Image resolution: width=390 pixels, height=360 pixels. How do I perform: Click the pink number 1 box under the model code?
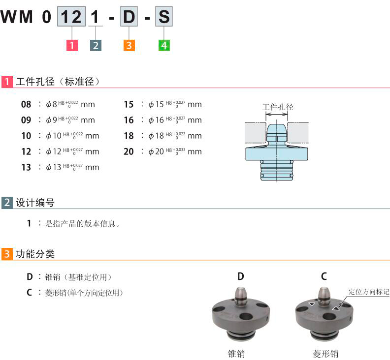click(x=72, y=46)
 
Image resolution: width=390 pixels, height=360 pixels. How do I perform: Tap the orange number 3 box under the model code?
click(x=129, y=46)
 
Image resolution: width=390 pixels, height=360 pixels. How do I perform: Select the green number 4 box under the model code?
click(x=164, y=46)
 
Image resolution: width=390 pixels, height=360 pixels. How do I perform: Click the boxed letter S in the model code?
click(x=164, y=17)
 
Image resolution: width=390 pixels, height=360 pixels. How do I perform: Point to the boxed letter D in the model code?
click(x=129, y=17)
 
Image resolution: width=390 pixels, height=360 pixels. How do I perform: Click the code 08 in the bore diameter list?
click(x=26, y=104)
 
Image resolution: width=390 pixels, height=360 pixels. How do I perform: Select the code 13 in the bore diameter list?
click(x=26, y=167)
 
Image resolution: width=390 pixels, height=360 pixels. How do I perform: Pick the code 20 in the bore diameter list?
click(x=129, y=151)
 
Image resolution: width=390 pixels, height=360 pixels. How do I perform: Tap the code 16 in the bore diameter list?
click(x=129, y=120)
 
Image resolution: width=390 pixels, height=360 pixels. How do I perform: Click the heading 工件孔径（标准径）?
click(x=58, y=82)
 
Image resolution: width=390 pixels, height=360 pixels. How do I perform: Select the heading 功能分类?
click(x=35, y=254)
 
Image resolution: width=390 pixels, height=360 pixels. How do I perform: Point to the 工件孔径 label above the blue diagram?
click(x=277, y=107)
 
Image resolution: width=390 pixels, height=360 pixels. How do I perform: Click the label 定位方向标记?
click(x=369, y=292)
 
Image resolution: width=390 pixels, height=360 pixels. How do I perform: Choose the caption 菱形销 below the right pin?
click(x=325, y=354)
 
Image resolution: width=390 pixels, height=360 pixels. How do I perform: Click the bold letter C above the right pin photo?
click(x=324, y=276)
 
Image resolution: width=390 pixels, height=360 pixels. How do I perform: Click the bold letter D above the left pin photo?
click(x=240, y=276)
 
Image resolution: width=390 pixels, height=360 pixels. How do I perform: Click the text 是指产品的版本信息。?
click(x=83, y=224)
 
